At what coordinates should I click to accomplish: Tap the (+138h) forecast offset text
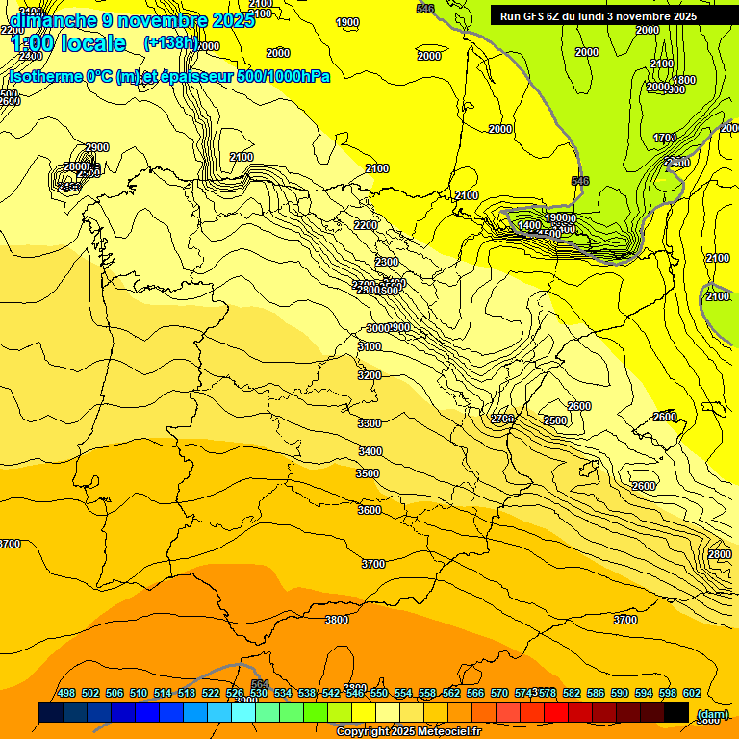coord(170,43)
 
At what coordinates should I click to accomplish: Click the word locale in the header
coord(88,43)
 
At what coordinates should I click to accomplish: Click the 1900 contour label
coord(347,22)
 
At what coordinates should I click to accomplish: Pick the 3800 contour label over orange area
coord(337,620)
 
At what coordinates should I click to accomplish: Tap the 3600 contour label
coord(369,510)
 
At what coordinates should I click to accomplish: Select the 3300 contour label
coord(369,423)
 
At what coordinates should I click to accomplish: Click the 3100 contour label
coord(369,346)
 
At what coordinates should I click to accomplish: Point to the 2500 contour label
coord(555,420)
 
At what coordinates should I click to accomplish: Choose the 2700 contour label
coord(502,419)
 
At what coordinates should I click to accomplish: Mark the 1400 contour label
coord(529,225)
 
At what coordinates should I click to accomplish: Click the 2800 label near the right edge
coord(719,554)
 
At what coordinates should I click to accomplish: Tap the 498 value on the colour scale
coord(66,693)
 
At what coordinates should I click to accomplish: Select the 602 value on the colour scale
coord(691,693)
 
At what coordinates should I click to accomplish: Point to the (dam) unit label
coord(712,714)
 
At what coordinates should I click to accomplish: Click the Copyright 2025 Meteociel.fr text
coord(408,732)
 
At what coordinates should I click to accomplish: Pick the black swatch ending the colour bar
coord(676,713)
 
